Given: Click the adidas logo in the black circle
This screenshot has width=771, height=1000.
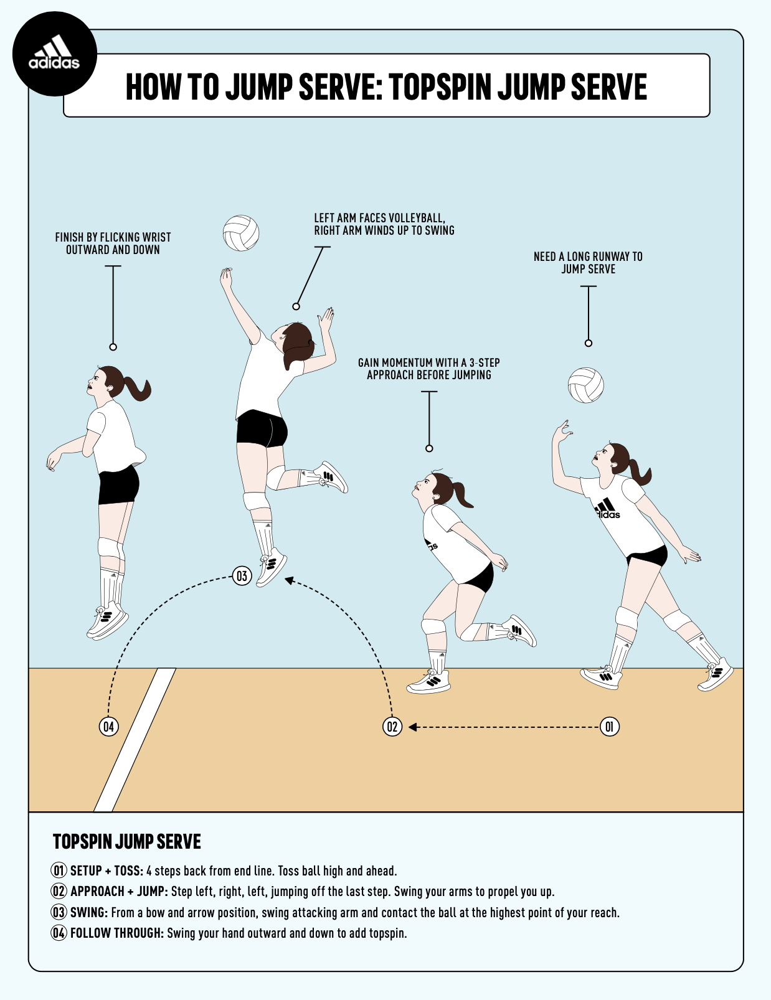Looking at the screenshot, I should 54,54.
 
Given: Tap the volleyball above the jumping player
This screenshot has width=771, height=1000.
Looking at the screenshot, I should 241,233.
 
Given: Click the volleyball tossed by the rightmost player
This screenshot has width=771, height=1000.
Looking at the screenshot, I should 585,385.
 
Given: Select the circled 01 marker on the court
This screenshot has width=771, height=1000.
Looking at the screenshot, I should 610,727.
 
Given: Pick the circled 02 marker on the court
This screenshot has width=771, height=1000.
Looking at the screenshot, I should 392,727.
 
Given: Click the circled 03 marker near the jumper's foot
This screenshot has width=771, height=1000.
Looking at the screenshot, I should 242,576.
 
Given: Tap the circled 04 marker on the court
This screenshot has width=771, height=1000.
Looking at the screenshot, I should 109,727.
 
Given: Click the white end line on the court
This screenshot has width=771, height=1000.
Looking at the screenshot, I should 135,741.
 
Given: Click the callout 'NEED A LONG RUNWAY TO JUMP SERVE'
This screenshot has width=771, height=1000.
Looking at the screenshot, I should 588,263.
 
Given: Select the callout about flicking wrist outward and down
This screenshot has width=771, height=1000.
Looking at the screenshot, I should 113,243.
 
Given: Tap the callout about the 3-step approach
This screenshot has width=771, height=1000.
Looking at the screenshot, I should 428,369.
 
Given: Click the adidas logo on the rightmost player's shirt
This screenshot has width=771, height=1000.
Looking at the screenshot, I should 607,509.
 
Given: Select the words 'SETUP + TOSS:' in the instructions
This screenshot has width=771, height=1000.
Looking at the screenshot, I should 106,870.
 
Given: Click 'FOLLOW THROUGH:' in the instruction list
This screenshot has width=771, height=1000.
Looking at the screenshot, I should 116,933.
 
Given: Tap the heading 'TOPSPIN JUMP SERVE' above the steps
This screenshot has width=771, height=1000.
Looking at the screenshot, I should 127,842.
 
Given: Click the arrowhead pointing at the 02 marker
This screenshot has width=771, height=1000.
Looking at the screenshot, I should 412,727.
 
